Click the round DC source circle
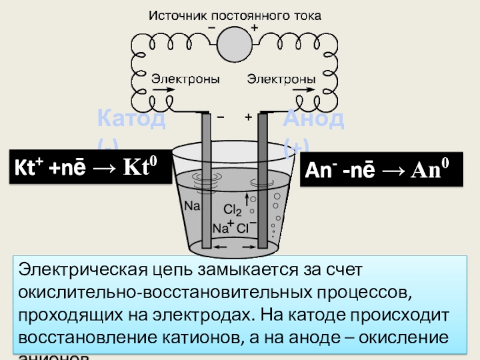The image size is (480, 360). pyautogui.click(x=235, y=44)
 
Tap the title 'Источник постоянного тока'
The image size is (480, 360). pyautogui.click(x=235, y=16)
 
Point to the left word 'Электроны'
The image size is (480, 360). pyautogui.click(x=185, y=79)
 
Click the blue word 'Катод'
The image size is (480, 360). pyautogui.click(x=131, y=119)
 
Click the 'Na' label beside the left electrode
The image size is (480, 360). pyautogui.click(x=192, y=206)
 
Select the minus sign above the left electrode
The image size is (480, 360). pyautogui.click(x=221, y=118)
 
